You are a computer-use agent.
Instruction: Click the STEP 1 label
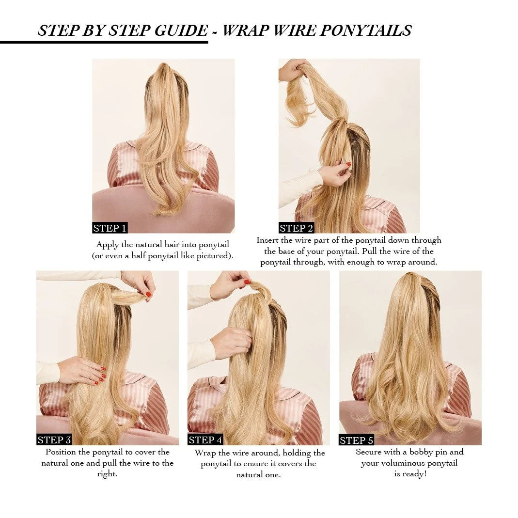(110, 228)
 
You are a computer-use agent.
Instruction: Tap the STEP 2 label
(296, 228)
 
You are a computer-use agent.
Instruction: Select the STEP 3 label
(54, 440)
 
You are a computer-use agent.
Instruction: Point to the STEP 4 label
(205, 440)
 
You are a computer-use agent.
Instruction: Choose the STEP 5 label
(356, 440)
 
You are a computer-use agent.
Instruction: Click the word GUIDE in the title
(181, 31)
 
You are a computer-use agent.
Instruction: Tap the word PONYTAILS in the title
(366, 31)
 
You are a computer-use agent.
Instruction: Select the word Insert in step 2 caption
(267, 240)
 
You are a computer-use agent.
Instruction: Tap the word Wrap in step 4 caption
(205, 453)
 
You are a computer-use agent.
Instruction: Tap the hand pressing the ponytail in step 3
(82, 370)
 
